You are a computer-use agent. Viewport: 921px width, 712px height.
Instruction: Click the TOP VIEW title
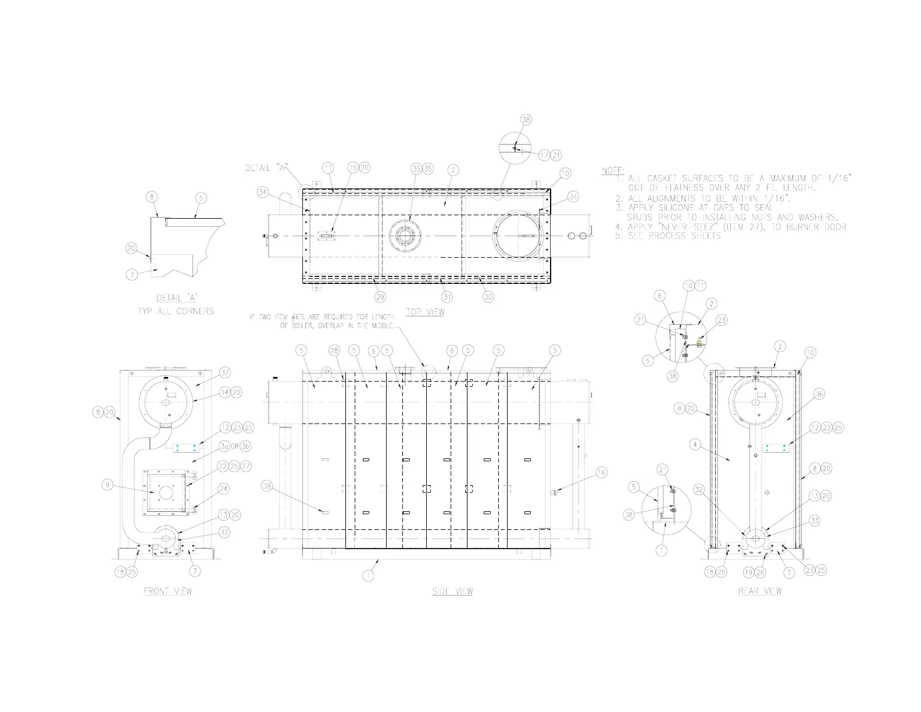[x=425, y=312]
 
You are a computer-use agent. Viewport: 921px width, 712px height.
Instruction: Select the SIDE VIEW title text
[x=452, y=591]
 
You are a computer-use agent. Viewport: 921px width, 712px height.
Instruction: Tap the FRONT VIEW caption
[x=167, y=591]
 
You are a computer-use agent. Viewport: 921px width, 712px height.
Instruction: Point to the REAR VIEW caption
[x=760, y=591]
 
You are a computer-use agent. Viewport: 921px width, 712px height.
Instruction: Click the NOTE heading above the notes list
[x=612, y=171]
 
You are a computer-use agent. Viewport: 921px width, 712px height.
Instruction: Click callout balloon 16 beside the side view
[x=602, y=473]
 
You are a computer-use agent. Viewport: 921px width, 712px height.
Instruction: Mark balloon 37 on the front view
[x=225, y=372]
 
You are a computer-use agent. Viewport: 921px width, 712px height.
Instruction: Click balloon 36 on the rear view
[x=819, y=394]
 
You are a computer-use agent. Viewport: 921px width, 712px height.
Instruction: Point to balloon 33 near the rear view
[x=815, y=521]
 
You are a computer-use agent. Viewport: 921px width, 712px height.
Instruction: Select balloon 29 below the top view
[x=380, y=297]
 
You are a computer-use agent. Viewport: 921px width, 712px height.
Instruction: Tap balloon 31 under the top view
[x=447, y=297]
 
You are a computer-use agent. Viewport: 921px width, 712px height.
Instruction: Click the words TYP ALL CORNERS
[x=176, y=311]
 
